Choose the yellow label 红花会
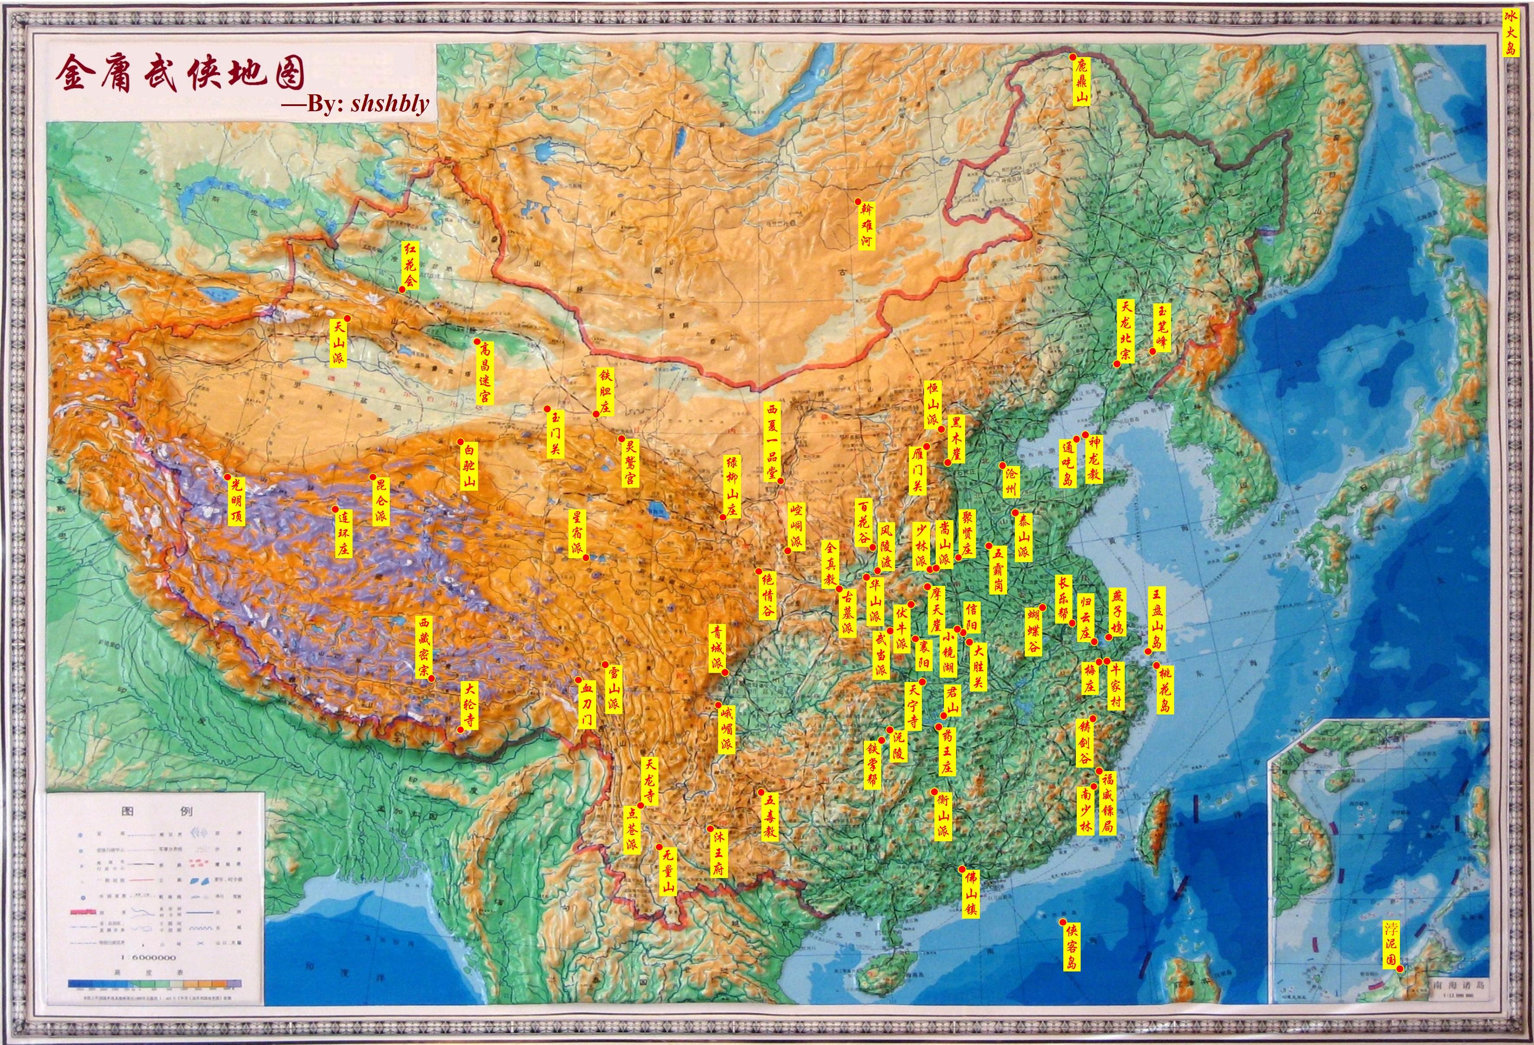click(411, 265)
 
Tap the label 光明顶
click(236, 502)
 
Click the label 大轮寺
click(469, 705)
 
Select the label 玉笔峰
click(1162, 327)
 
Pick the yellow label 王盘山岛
click(1156, 619)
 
